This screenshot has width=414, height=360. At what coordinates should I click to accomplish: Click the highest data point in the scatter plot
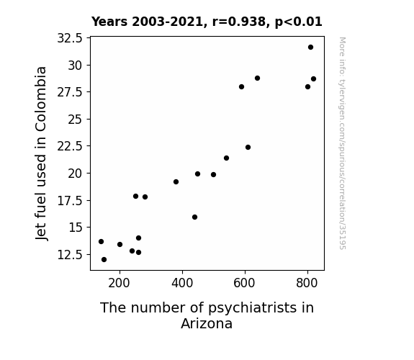click(x=310, y=48)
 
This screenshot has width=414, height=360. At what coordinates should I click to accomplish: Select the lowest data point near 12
click(x=104, y=260)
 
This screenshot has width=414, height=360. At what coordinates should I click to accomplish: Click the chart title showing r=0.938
click(x=207, y=22)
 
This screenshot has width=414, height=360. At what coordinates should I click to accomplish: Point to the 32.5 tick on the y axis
click(x=70, y=38)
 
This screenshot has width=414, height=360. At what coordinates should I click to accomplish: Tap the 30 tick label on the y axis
click(x=76, y=66)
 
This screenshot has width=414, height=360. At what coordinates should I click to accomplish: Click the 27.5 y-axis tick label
click(x=70, y=92)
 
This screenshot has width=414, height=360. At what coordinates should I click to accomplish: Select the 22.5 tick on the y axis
click(x=70, y=146)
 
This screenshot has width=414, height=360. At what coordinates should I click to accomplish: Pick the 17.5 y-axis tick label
click(x=70, y=201)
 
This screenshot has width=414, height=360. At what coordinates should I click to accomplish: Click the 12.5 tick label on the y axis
click(x=70, y=255)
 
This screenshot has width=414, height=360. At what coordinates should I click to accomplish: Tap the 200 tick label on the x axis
click(x=120, y=283)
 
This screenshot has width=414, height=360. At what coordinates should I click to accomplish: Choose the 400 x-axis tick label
click(x=182, y=283)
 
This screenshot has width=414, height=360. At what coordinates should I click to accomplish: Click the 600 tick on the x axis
click(x=245, y=283)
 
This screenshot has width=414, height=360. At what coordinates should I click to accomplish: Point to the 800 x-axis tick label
click(x=307, y=283)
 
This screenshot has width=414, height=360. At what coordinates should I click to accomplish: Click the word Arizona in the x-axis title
click(x=207, y=323)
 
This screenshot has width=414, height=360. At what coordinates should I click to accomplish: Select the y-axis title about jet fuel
click(x=41, y=153)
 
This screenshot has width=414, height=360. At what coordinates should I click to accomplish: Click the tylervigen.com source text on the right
click(x=342, y=143)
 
